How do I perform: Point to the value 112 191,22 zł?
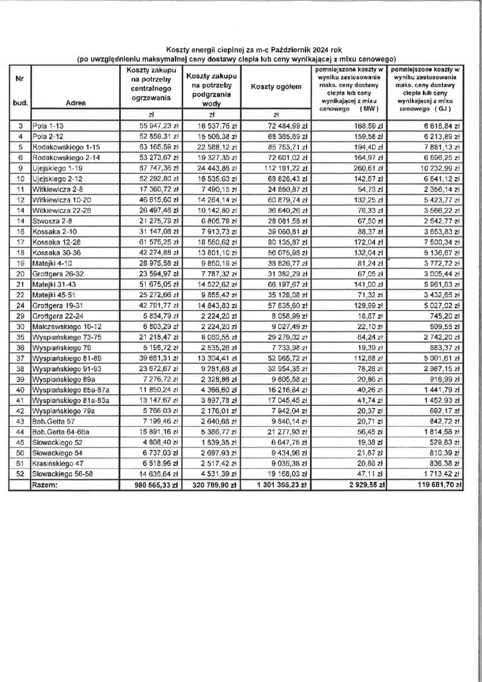point(280,169)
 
